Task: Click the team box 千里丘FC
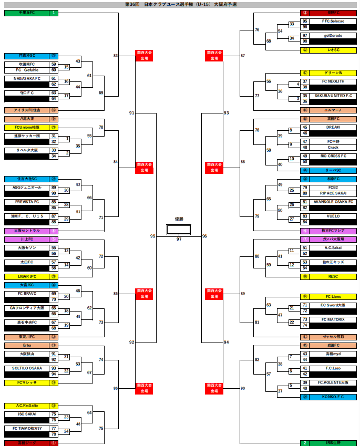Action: (x=26, y=13)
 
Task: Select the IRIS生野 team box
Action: (x=333, y=443)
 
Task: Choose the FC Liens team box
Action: (x=333, y=297)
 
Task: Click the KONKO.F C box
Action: (x=333, y=397)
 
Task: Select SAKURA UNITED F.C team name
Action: (x=333, y=96)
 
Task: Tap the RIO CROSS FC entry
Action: (x=333, y=156)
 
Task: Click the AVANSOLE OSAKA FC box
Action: (x=333, y=202)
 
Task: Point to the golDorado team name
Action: (x=333, y=35)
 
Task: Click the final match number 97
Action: (x=179, y=239)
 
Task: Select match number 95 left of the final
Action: (x=153, y=236)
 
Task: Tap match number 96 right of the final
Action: (x=204, y=236)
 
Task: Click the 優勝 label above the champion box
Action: (x=179, y=219)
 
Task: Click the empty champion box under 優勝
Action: (x=179, y=230)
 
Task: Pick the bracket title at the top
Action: (x=180, y=4)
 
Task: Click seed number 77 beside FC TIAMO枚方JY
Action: (x=54, y=428)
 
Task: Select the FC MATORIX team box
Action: (x=333, y=319)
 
